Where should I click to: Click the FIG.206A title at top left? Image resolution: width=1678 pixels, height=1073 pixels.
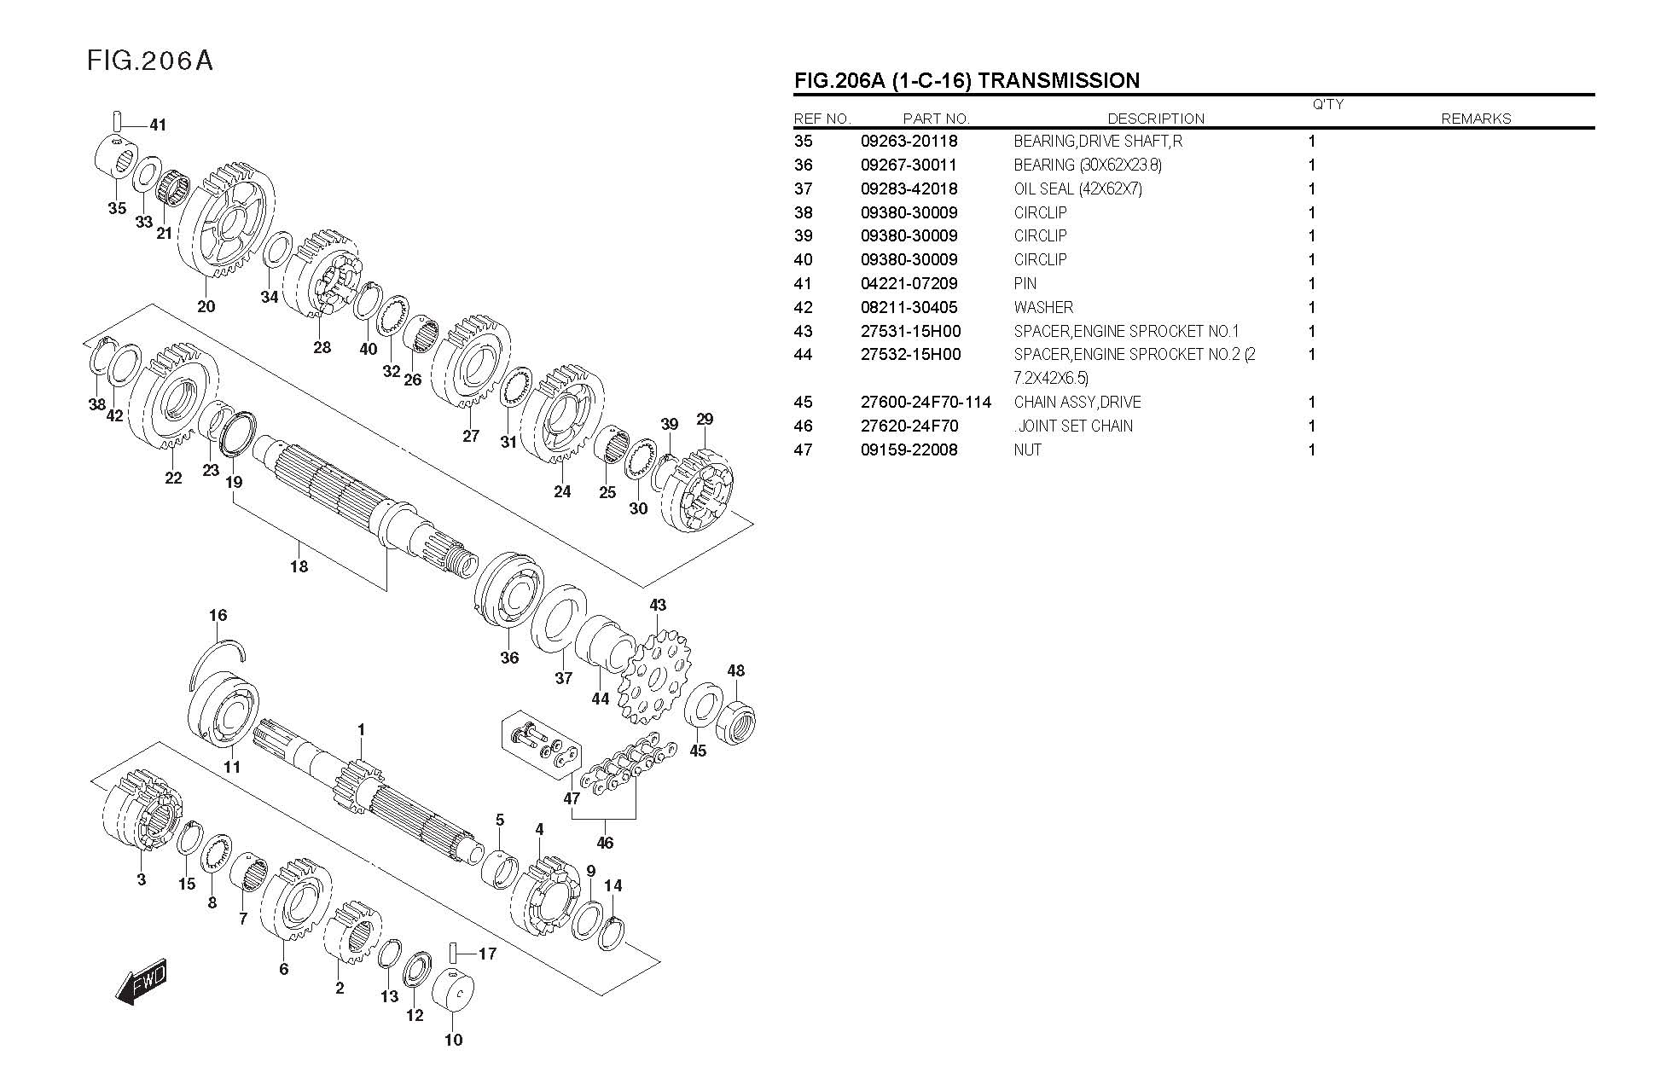tap(149, 61)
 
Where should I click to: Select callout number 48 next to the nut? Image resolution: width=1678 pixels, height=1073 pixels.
tap(735, 671)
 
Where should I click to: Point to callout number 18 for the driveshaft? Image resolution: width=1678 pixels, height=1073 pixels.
tap(299, 566)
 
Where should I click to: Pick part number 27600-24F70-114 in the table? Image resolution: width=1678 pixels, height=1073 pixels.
tap(926, 403)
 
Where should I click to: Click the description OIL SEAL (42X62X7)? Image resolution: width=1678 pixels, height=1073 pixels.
tap(1077, 188)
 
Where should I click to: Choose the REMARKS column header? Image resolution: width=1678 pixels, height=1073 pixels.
tap(1475, 119)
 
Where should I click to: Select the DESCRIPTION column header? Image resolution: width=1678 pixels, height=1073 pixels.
tap(1155, 119)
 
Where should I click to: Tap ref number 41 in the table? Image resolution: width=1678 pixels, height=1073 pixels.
tap(803, 284)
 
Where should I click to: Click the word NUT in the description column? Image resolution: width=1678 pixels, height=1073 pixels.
tap(1027, 450)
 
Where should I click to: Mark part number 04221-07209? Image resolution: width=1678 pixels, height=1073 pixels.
tap(909, 284)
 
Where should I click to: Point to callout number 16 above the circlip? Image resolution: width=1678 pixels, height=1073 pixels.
tap(218, 616)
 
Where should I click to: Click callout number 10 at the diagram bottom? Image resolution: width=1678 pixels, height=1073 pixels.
tap(453, 1040)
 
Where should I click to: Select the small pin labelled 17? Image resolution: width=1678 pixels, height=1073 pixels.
tap(454, 952)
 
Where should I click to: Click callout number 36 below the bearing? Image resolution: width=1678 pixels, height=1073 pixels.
tap(509, 658)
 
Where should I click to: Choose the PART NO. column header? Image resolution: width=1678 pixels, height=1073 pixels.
tap(936, 119)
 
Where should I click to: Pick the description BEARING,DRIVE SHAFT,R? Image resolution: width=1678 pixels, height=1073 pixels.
tap(1097, 142)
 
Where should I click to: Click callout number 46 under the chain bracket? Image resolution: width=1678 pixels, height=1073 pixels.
tap(605, 844)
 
